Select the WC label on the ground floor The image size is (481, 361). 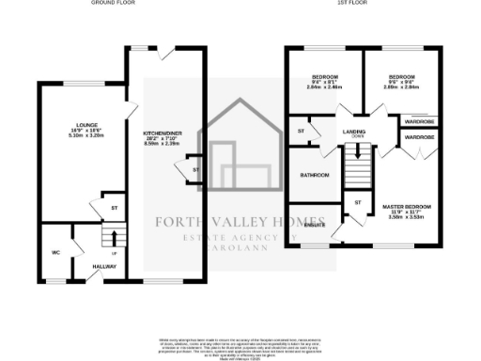tap(55, 252)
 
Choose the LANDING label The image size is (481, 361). tap(355, 132)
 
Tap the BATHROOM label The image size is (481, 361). tap(314, 176)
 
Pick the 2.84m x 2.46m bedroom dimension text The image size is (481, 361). tap(324, 86)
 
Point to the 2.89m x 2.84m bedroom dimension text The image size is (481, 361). tap(402, 86)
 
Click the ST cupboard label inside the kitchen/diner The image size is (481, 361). tap(195, 169)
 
